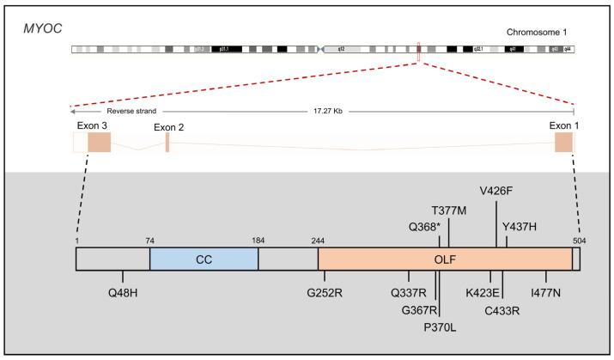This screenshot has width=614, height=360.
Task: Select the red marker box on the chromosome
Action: point(418,52)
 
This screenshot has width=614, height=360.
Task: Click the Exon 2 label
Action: point(169,127)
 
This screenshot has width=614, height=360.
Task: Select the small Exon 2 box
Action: point(167,143)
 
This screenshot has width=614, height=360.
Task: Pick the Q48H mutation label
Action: point(123,292)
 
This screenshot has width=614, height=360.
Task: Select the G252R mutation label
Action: point(325,292)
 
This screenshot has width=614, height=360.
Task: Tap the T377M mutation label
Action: point(449,210)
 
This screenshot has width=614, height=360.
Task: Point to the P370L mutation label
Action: point(441,326)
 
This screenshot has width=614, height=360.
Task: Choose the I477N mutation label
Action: point(546,292)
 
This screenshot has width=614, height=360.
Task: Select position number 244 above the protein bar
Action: point(318,241)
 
